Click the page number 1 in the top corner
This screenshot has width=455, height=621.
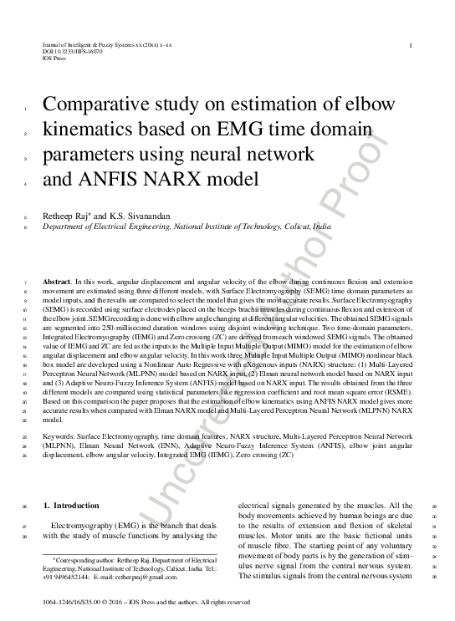click(x=410, y=45)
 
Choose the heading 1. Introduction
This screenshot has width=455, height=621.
click(x=70, y=506)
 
